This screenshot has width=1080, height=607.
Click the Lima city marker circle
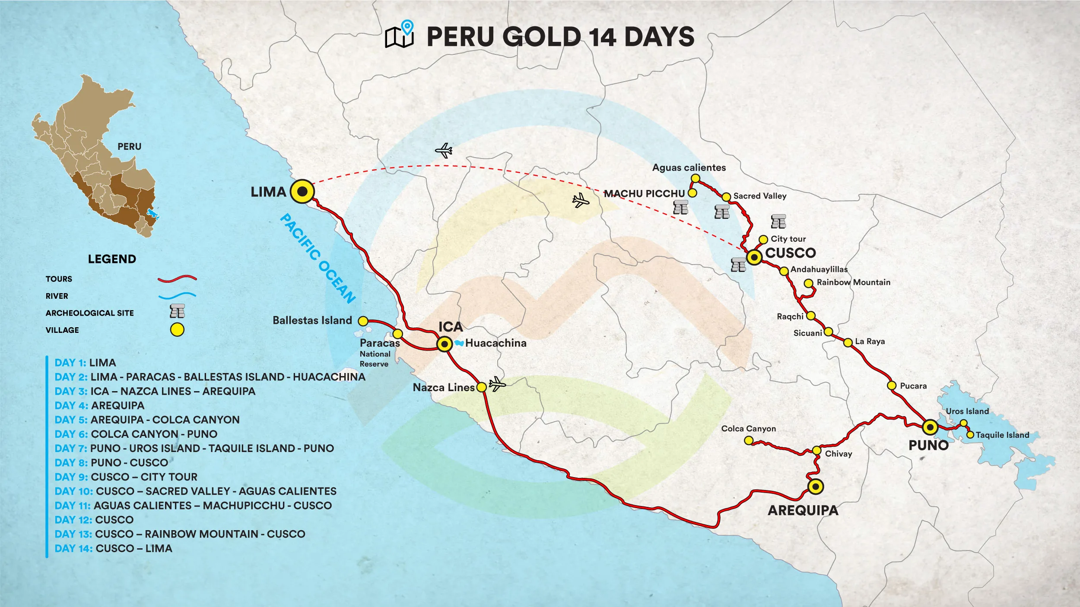click(x=302, y=191)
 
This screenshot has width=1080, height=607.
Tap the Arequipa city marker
click(x=815, y=487)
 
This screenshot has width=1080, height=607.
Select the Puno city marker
click(x=930, y=427)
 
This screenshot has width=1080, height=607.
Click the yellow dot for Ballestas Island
click(x=363, y=321)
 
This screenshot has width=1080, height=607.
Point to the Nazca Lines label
click(x=444, y=387)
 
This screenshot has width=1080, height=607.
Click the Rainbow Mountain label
click(x=853, y=282)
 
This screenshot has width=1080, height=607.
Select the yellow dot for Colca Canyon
click(x=749, y=440)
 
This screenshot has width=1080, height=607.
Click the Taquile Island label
click(x=1002, y=435)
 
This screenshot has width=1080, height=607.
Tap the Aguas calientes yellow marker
click(x=696, y=178)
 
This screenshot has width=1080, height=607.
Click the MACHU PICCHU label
click(x=644, y=194)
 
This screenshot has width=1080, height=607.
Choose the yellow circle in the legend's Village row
click(x=177, y=330)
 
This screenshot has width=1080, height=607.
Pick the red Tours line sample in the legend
click(x=177, y=279)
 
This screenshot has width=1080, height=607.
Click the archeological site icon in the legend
click(x=177, y=311)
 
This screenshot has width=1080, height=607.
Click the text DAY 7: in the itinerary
click(x=71, y=449)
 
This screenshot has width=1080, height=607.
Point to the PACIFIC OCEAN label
click(x=318, y=258)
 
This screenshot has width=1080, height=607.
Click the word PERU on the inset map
click(x=129, y=146)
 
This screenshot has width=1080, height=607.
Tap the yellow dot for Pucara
click(x=892, y=385)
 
